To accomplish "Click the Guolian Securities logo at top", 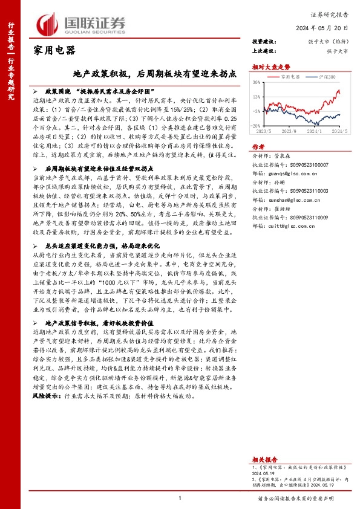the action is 83,22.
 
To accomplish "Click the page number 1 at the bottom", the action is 180,498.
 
